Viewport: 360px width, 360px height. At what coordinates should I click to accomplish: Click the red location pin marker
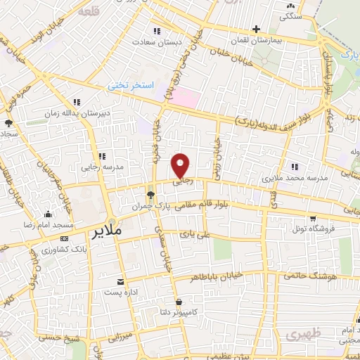[181, 165]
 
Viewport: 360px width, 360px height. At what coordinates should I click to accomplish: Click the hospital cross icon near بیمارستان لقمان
[257, 30]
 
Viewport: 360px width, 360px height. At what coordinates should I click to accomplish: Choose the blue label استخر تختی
[130, 86]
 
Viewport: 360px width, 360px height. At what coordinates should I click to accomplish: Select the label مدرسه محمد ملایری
[295, 178]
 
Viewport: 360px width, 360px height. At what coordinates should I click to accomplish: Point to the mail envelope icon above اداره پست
[121, 281]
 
